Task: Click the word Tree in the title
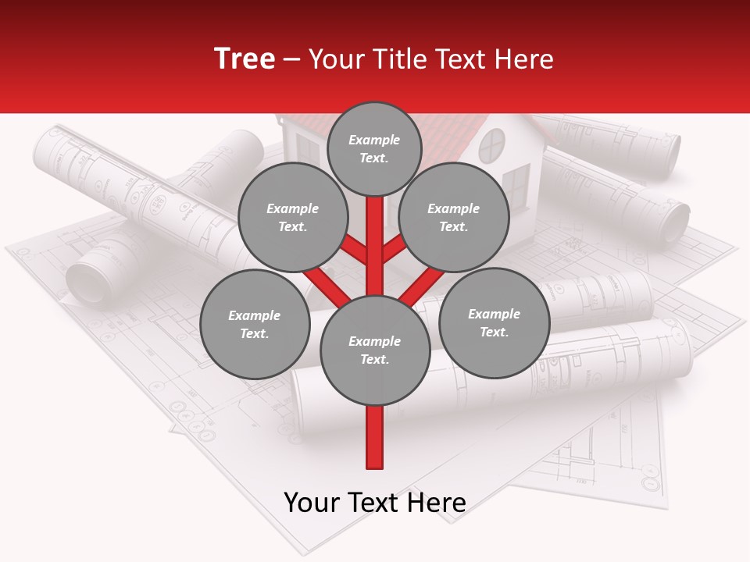pyautogui.click(x=245, y=59)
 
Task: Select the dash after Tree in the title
pyautogui.click(x=291, y=60)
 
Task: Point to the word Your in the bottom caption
pyautogui.click(x=312, y=503)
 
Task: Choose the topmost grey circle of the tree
pyautogui.click(x=374, y=148)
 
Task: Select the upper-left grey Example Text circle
pyautogui.click(x=293, y=218)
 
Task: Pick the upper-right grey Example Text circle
pyautogui.click(x=454, y=218)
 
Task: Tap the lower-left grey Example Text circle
pyautogui.click(x=255, y=325)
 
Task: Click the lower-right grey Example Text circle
pyautogui.click(x=494, y=323)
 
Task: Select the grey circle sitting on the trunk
pyautogui.click(x=375, y=350)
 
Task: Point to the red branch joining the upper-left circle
pyautogui.click(x=355, y=251)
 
